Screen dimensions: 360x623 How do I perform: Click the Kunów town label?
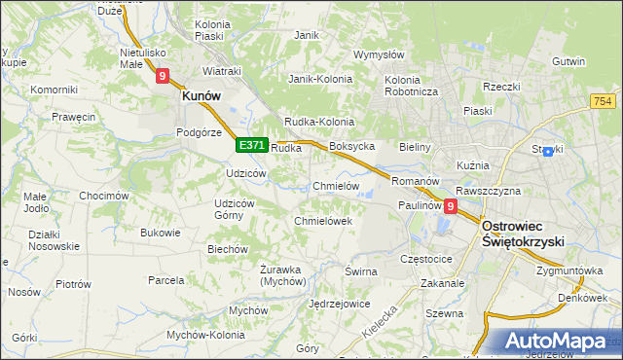tap(202, 96)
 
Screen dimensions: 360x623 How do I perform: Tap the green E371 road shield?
tap(251, 145)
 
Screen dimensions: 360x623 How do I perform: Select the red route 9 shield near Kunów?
tap(163, 75)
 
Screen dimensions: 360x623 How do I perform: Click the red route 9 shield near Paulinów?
tap(450, 206)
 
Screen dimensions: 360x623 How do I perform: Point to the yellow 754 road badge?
tap(602, 101)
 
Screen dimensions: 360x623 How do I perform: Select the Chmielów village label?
tap(337, 186)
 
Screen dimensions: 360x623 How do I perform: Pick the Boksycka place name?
tap(352, 147)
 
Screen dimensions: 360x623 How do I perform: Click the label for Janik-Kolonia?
tap(319, 79)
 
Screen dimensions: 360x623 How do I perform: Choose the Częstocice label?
tap(426, 260)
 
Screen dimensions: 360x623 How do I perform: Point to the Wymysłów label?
tap(379, 54)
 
